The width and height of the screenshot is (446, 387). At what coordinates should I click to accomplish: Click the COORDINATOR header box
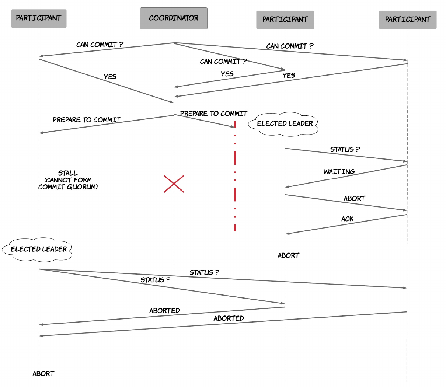(174, 18)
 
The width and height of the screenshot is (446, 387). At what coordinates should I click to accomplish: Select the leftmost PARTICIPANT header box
(39, 18)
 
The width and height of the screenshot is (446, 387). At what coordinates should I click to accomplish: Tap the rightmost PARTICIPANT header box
(408, 20)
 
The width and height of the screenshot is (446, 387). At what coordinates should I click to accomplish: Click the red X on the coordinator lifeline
(174, 184)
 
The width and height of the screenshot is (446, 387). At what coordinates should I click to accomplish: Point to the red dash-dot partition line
(235, 176)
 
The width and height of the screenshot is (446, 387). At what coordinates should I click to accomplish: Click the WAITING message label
(339, 172)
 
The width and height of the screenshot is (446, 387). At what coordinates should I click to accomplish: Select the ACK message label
(347, 219)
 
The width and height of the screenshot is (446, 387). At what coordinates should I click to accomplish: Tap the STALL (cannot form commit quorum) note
(68, 180)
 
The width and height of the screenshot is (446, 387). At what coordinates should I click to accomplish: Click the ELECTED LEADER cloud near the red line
(283, 124)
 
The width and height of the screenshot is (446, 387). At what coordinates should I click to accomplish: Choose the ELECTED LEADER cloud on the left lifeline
(37, 250)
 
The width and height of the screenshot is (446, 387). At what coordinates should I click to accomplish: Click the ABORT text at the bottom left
(43, 374)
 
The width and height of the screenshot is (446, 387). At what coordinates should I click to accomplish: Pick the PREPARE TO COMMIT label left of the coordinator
(86, 120)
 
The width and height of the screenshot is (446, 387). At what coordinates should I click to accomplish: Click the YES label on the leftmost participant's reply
(110, 77)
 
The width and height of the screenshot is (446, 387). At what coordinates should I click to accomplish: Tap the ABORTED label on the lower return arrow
(229, 318)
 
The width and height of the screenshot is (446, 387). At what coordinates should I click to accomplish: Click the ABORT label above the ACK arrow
(355, 199)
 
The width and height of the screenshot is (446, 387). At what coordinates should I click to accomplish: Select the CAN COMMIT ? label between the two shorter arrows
(223, 62)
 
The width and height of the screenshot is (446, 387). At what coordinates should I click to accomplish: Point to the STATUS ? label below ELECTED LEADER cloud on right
(345, 150)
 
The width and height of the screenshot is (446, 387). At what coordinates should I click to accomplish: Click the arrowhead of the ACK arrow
(287, 234)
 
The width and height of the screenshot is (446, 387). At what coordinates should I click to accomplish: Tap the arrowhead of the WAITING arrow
(287, 187)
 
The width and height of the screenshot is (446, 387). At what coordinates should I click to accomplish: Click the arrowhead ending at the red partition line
(232, 126)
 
